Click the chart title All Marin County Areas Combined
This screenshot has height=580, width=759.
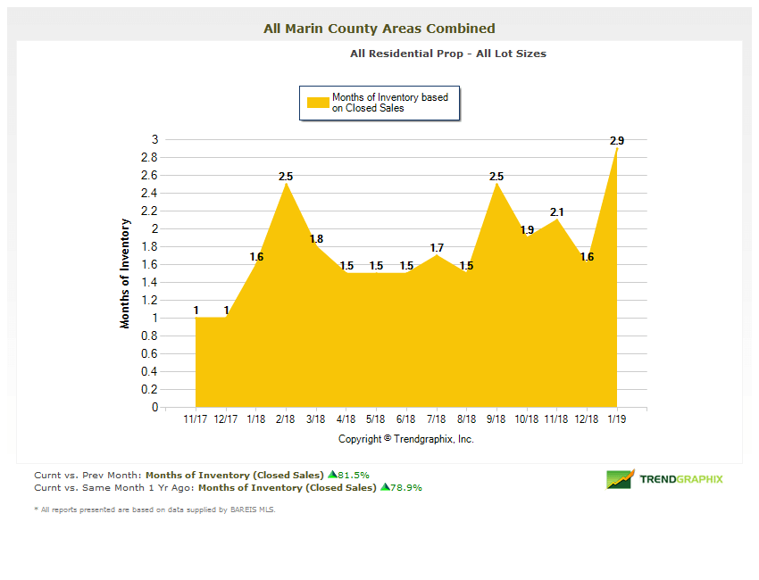379,29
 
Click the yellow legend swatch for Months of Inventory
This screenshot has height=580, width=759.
319,103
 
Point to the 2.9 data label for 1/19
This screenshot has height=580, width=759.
617,141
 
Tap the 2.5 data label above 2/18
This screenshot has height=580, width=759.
286,177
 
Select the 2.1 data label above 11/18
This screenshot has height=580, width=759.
557,212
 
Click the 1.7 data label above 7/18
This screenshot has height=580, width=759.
437,248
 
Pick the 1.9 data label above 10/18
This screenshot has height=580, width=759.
527,230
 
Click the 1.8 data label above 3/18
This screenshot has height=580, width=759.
316,239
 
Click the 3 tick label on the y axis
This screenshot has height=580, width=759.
154,140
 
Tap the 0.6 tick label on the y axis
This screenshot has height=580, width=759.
150,354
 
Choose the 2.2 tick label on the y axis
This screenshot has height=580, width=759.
150,211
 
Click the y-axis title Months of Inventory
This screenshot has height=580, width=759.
126,273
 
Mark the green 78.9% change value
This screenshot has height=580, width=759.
405,488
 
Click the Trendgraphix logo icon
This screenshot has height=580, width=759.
620,479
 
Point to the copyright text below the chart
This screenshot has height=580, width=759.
406,439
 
